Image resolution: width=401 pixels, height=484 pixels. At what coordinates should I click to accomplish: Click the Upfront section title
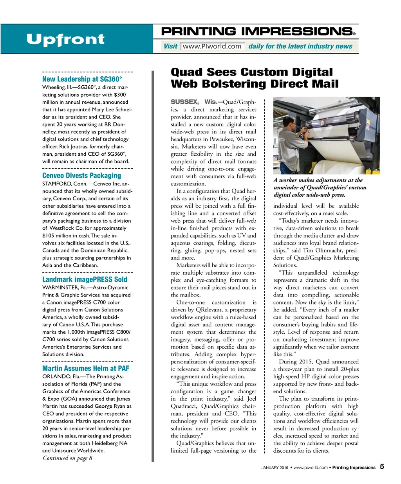click(65, 40)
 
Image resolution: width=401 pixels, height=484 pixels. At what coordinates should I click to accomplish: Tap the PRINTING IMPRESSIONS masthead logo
click(258, 32)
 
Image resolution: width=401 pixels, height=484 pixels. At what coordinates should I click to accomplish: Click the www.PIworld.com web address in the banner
click(212, 46)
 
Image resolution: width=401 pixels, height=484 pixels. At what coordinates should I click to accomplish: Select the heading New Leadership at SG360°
click(82, 79)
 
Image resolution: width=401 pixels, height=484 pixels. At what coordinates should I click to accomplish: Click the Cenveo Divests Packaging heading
click(81, 176)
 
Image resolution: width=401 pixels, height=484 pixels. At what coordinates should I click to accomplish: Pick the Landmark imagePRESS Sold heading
click(85, 279)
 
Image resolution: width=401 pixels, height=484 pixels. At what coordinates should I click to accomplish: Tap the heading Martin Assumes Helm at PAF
click(86, 368)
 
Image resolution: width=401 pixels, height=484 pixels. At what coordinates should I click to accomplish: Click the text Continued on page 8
click(67, 458)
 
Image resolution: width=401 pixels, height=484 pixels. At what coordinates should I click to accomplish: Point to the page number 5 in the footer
click(382, 466)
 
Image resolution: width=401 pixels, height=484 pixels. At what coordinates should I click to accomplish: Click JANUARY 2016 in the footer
click(275, 468)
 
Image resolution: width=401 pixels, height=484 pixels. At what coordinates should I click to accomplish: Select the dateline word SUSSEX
click(184, 102)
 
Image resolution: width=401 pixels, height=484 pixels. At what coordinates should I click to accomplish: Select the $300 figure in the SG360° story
click(120, 95)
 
